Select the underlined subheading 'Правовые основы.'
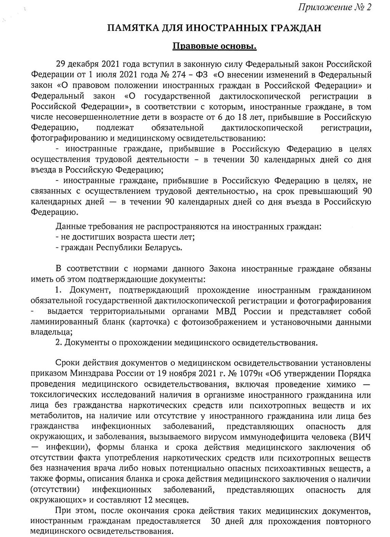[214, 46]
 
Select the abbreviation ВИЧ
[360, 437]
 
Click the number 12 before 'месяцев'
[147, 500]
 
